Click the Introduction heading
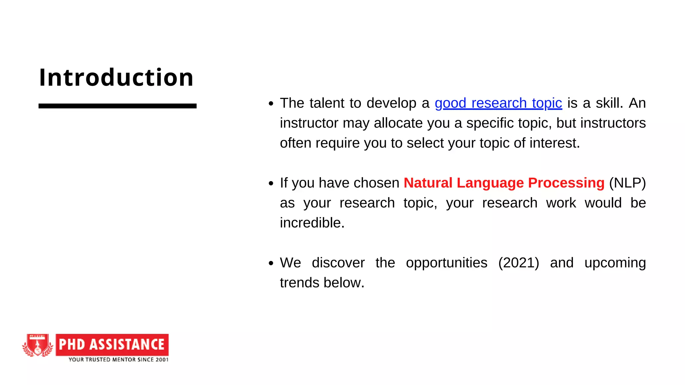click(x=116, y=78)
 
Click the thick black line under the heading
click(x=117, y=106)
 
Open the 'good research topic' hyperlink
click(x=498, y=103)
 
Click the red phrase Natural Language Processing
click(x=504, y=183)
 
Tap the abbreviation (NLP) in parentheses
click(x=627, y=183)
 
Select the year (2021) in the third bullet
click(x=518, y=263)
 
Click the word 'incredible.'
click(x=312, y=223)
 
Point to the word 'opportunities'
click(x=446, y=263)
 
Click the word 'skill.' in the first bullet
click(x=609, y=103)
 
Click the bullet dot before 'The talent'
click(x=271, y=104)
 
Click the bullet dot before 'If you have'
click(x=271, y=183)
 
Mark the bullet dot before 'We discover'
click(x=271, y=263)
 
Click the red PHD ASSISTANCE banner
click(x=112, y=345)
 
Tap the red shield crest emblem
click(x=38, y=345)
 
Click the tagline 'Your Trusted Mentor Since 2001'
click(x=118, y=360)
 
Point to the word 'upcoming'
click(x=615, y=263)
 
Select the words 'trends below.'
click(x=322, y=283)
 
